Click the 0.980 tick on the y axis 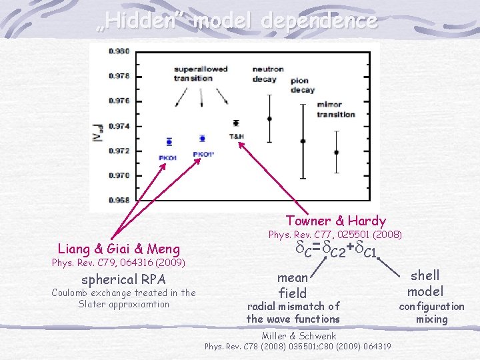pyautogui.click(x=121, y=51)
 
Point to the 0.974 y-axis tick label pyautogui.click(x=121, y=126)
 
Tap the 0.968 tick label pyautogui.click(x=121, y=200)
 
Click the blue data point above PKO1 pyautogui.click(x=169, y=141)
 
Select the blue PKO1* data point pyautogui.click(x=202, y=139)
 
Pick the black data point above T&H pyautogui.click(x=236, y=123)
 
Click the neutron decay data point pyautogui.click(x=269, y=119)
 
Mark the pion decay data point pyautogui.click(x=303, y=141)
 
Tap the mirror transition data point pyautogui.click(x=336, y=152)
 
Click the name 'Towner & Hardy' pyautogui.click(x=335, y=221)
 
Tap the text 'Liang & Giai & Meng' pyautogui.click(x=119, y=249)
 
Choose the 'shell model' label pyautogui.click(x=425, y=283)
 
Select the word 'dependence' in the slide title pyautogui.click(x=319, y=21)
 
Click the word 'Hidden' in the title pyautogui.click(x=142, y=21)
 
